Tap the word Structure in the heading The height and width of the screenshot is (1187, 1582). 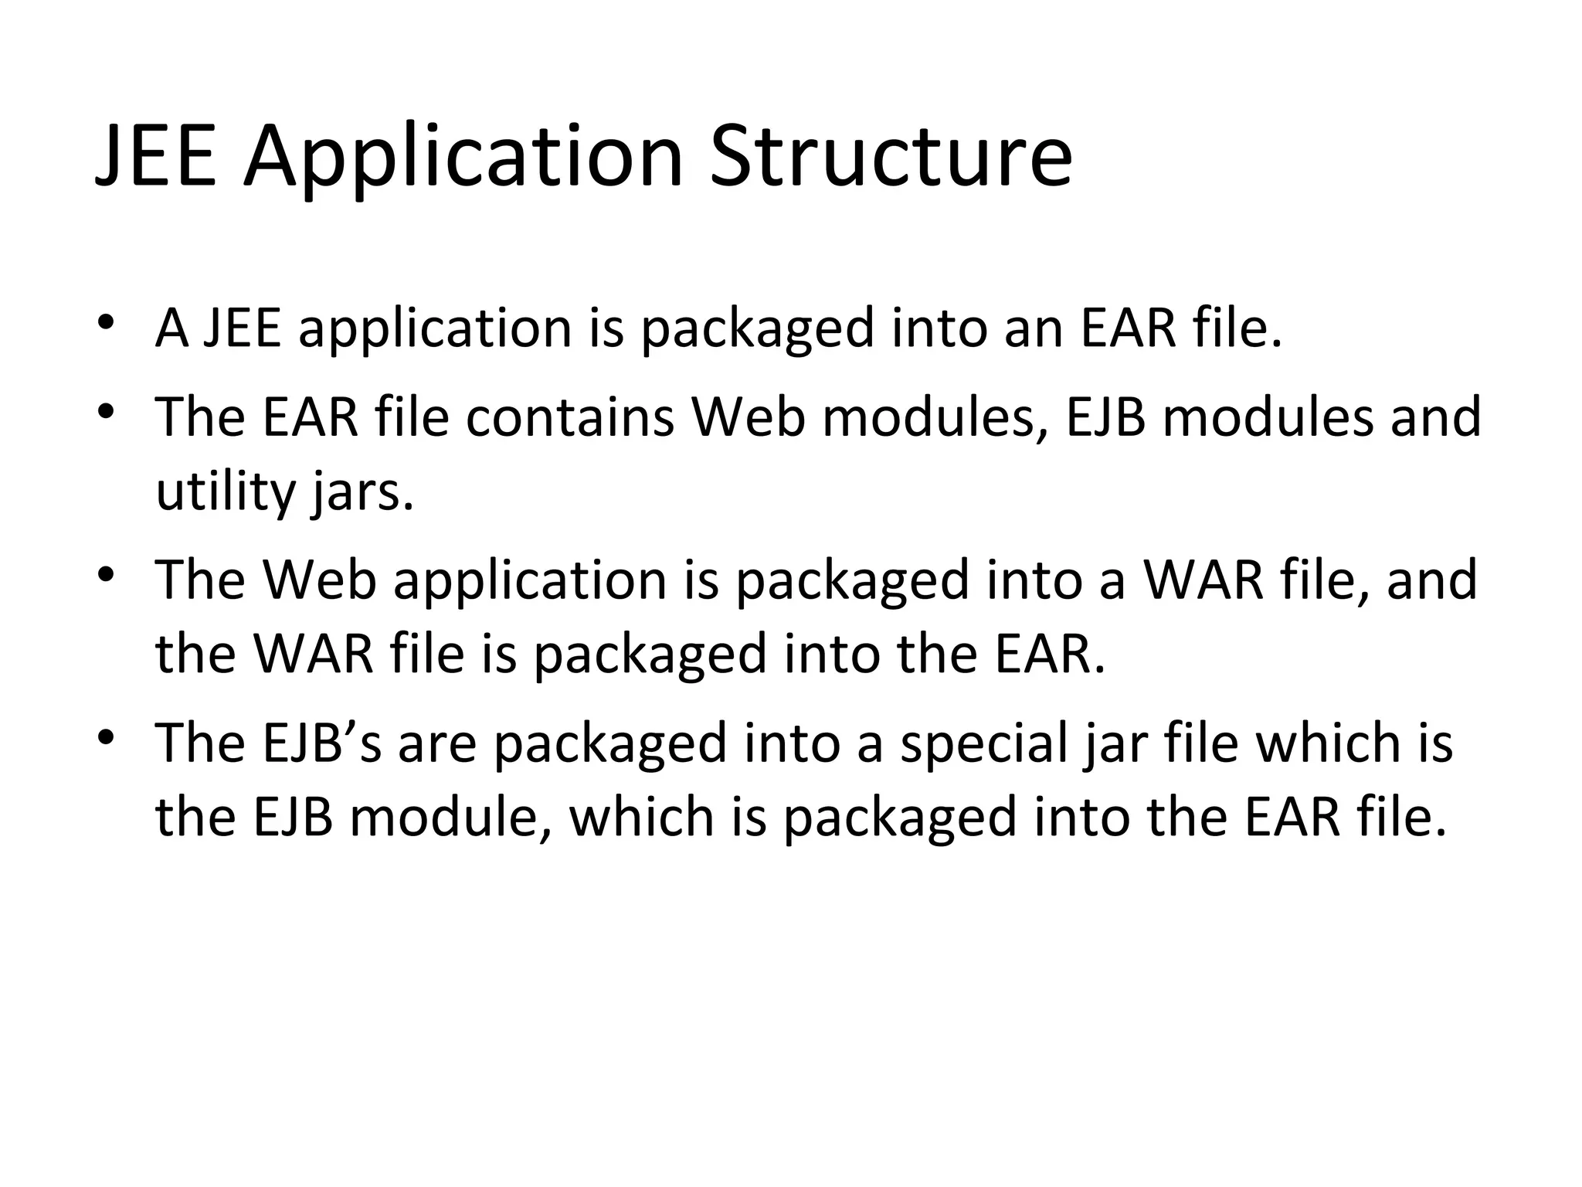pyautogui.click(x=891, y=158)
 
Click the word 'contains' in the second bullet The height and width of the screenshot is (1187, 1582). pyautogui.click(x=570, y=417)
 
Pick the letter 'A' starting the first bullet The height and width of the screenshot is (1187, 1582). pyautogui.click(x=172, y=328)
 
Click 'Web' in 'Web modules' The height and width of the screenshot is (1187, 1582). pyautogui.click(x=749, y=417)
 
